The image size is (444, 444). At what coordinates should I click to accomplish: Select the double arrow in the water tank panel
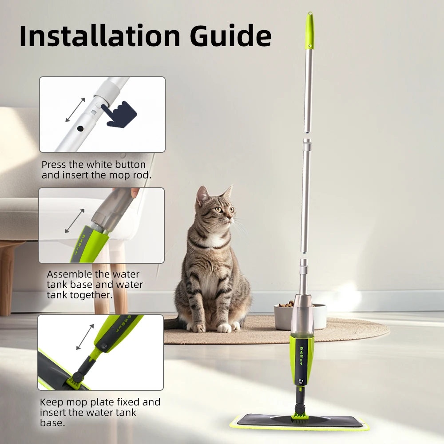pyautogui.click(x=74, y=221)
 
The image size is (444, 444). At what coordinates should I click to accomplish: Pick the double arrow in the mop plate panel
pyautogui.click(x=85, y=337)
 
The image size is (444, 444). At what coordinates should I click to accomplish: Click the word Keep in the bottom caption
pyautogui.click(x=51, y=402)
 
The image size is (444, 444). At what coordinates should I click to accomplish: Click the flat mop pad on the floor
pyautogui.click(x=302, y=422)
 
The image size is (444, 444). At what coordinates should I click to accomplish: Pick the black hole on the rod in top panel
pyautogui.click(x=80, y=128)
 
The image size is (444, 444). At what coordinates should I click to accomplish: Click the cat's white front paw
pyautogui.click(x=224, y=328)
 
